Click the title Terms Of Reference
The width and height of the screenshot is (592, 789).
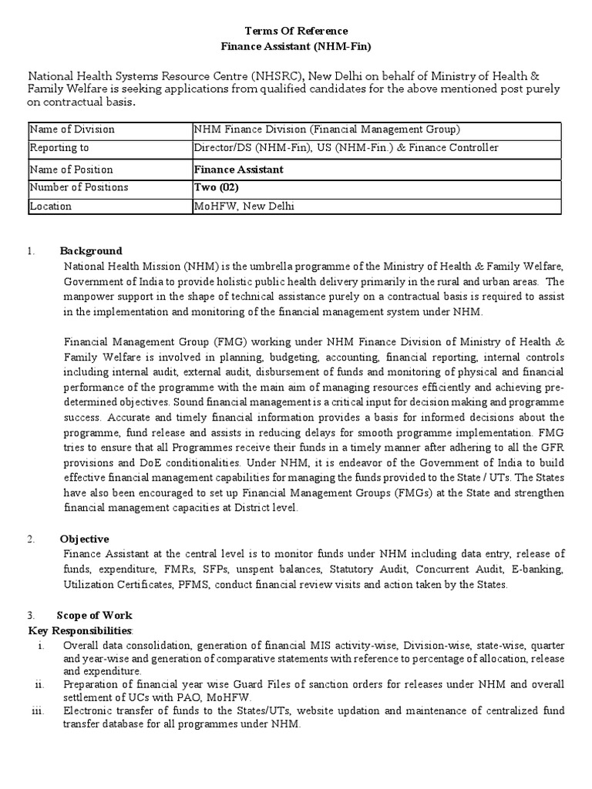coord(296,31)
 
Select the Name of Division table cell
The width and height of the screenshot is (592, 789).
coord(72,129)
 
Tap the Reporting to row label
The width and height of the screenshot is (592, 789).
coord(59,148)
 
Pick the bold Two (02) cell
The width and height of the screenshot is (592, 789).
coord(215,187)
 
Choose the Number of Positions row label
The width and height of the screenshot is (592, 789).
coord(79,187)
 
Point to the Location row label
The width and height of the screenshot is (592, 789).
coord(50,206)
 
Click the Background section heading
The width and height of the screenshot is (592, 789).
coord(91,251)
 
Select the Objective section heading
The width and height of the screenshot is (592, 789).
coord(84,539)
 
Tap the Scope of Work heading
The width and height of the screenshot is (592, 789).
coord(94,615)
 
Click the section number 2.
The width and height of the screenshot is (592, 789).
coord(32,539)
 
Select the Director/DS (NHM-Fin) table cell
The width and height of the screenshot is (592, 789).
coord(245,148)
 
